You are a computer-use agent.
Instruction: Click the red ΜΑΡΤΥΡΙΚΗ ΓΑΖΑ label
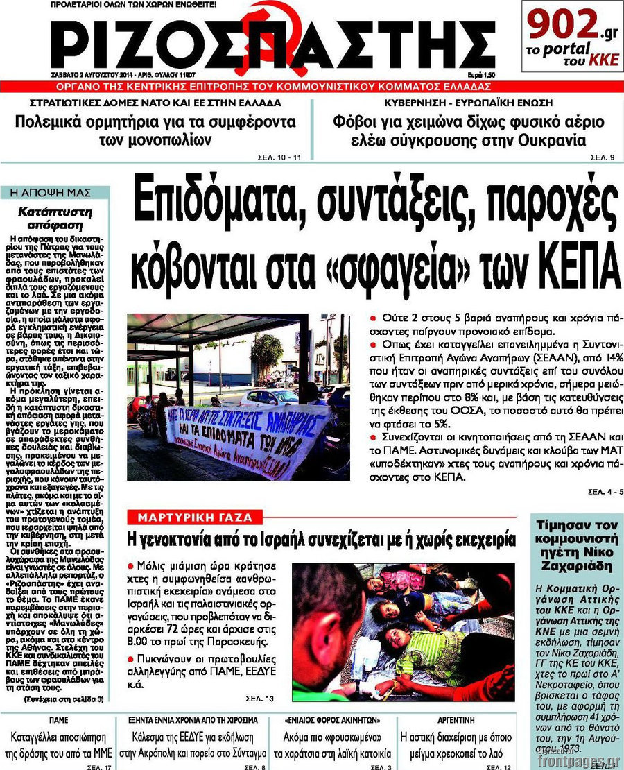click(x=195, y=517)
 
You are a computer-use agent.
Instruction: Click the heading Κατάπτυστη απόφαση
click(x=55, y=217)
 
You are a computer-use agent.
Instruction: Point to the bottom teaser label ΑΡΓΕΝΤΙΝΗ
click(x=455, y=719)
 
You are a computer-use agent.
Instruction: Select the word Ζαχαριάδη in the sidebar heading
click(x=573, y=565)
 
